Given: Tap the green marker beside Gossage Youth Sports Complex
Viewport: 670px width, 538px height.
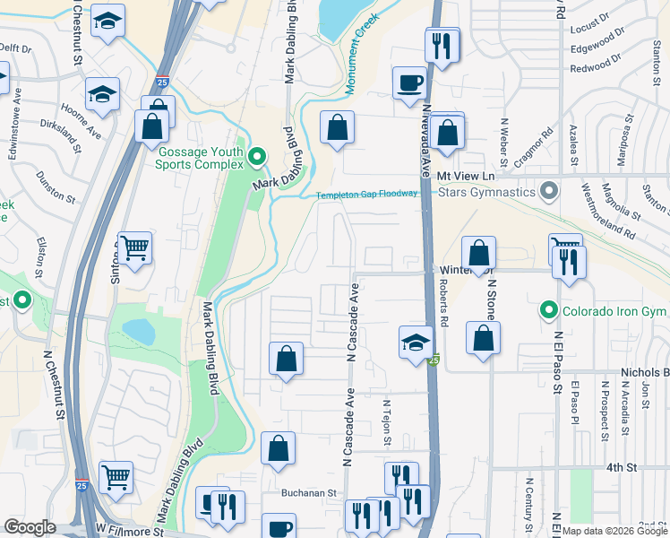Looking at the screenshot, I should click(x=258, y=159).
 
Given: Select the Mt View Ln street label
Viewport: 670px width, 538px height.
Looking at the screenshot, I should click(x=466, y=176).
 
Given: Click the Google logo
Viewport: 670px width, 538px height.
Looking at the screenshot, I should click(x=30, y=527).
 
